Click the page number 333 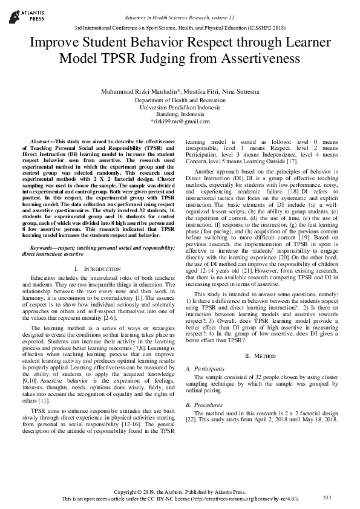point(327,497)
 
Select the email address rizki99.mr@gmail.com point(180,122)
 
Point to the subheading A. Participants point(207,368)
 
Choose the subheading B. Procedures point(205,404)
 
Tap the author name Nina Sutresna point(239,91)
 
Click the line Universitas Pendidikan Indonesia point(180,107)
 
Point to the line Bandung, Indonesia point(180,114)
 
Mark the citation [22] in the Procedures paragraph point(191,420)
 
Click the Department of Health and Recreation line point(180,100)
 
